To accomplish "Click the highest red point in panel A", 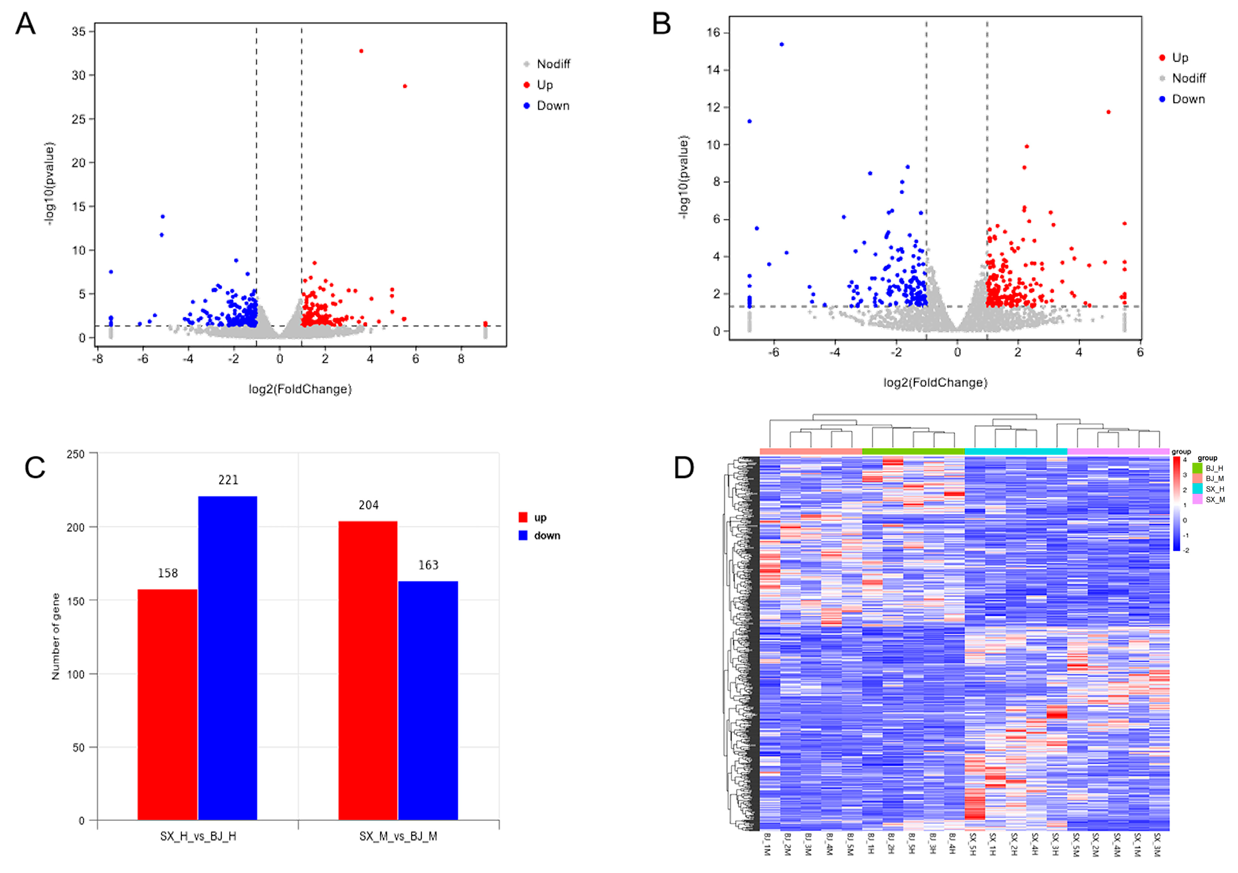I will coord(361,51).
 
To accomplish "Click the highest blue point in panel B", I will coord(782,45).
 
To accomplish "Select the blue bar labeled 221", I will coord(228,658).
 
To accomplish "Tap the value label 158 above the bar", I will coord(168,573).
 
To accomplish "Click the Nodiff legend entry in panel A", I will coord(553,64).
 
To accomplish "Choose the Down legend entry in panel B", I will coord(1188,99).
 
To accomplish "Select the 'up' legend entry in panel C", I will coord(540,518).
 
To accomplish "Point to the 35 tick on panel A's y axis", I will coord(79,32).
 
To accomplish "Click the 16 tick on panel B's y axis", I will coord(713,33).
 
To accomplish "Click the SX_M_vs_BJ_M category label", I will coord(398,836).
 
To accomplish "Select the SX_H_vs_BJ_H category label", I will coord(198,836).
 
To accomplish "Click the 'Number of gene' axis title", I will coord(56,636).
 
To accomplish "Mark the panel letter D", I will coord(684,468).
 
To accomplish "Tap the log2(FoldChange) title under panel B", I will coord(935,383).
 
